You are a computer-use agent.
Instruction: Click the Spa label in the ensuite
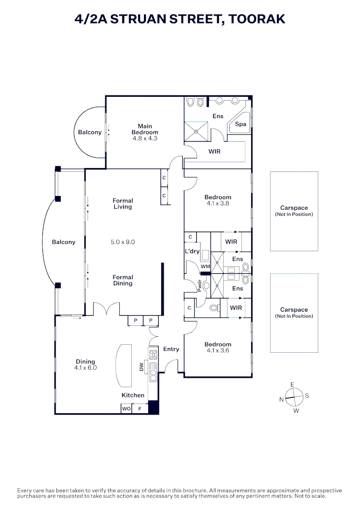[x=241, y=124]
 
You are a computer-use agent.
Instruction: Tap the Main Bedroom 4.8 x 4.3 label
[x=145, y=133]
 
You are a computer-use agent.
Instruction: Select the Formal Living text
[x=123, y=204]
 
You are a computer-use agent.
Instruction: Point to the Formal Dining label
[x=123, y=280]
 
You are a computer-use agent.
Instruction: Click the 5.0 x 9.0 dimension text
[x=123, y=242]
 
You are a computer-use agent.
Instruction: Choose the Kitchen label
[x=133, y=395]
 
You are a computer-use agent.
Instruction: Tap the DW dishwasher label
[x=142, y=367]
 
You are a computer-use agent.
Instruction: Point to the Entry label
[x=171, y=349]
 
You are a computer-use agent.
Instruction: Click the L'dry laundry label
[x=192, y=251]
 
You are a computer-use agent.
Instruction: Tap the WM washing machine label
[x=205, y=267]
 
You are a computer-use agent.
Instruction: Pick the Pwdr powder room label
[x=200, y=287]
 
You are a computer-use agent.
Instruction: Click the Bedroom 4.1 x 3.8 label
[x=218, y=200]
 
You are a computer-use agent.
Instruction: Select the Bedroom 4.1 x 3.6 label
[x=218, y=348]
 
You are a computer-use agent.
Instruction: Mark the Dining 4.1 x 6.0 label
[x=85, y=365]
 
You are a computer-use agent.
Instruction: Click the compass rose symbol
[x=293, y=398]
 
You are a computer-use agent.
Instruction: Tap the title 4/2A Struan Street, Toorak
[x=180, y=19]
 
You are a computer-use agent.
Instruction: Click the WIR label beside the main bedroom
[x=215, y=152]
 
